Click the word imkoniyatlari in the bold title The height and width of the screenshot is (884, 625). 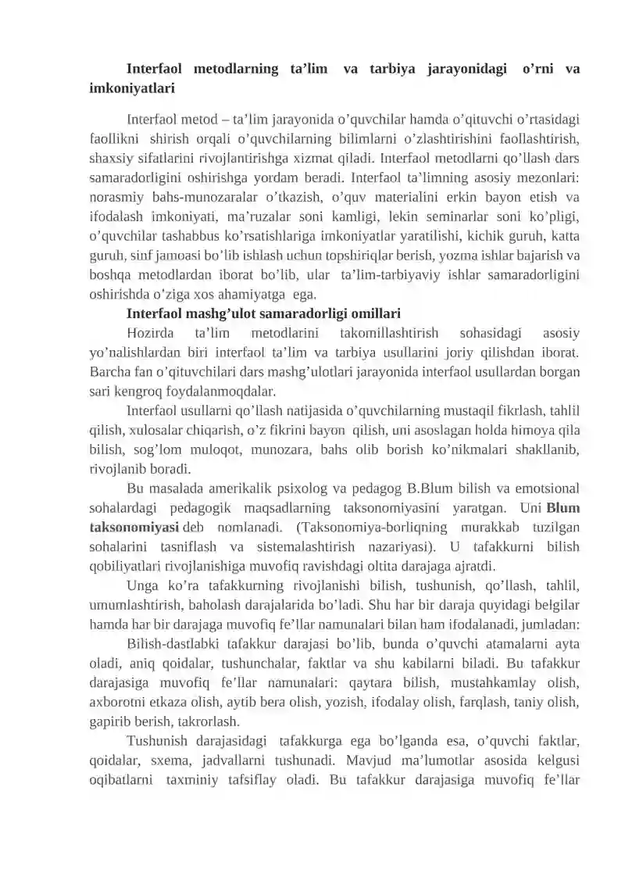click(132, 88)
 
